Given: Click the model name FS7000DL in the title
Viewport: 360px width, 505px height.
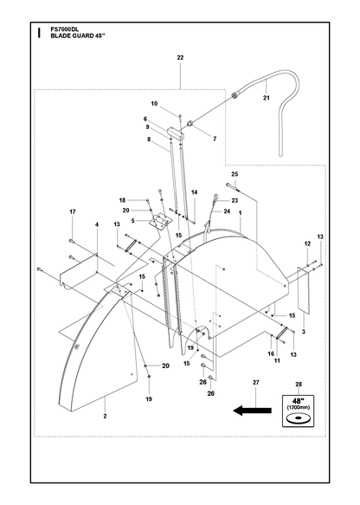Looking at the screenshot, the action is coord(62,29).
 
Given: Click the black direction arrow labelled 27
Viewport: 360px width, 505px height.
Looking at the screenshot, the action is coord(252,411).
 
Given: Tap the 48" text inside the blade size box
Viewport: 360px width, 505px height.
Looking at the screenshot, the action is coord(299,401).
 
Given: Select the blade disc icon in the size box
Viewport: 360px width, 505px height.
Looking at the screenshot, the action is coord(298,418).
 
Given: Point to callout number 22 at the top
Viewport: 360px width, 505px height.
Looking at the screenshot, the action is coord(180,58).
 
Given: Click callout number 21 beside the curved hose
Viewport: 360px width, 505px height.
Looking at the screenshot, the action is coord(266,98).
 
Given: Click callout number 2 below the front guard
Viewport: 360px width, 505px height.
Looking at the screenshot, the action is coord(105,416).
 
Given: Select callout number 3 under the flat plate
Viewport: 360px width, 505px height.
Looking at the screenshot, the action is coord(304,332).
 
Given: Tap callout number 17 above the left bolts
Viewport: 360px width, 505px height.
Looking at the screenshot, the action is coord(73,211).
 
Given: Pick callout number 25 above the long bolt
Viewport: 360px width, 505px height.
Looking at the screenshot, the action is coord(235,174).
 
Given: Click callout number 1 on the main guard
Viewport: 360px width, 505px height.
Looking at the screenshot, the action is coord(240,213).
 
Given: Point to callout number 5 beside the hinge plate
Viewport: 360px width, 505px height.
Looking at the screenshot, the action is coord(133,221).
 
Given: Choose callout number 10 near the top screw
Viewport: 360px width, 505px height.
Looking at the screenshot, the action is coord(154,104).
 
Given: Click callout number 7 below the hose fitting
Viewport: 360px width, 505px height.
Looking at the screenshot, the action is coord(215,139).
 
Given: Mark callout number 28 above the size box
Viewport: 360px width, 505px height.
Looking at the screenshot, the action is coord(299,385).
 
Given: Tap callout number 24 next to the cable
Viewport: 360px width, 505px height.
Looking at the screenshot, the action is coord(227,211).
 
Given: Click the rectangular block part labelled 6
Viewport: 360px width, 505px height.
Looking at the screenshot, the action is coord(177,133).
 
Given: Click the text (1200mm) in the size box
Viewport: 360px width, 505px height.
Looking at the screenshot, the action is coord(299,407).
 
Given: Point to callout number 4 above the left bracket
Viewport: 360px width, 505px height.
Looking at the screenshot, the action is coord(97,224).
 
